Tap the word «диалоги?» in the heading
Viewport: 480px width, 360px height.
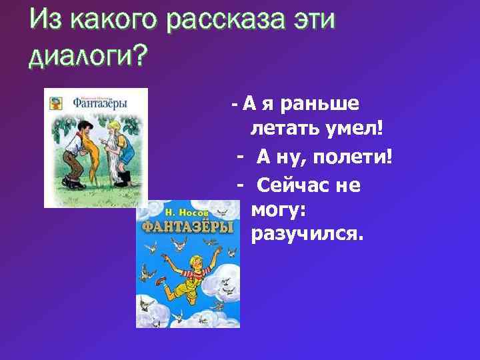point(87,58)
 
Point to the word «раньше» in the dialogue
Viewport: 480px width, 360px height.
point(321,105)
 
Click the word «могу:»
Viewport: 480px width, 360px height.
point(278,211)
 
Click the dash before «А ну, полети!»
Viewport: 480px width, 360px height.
point(240,159)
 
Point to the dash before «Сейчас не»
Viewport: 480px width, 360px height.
point(240,185)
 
